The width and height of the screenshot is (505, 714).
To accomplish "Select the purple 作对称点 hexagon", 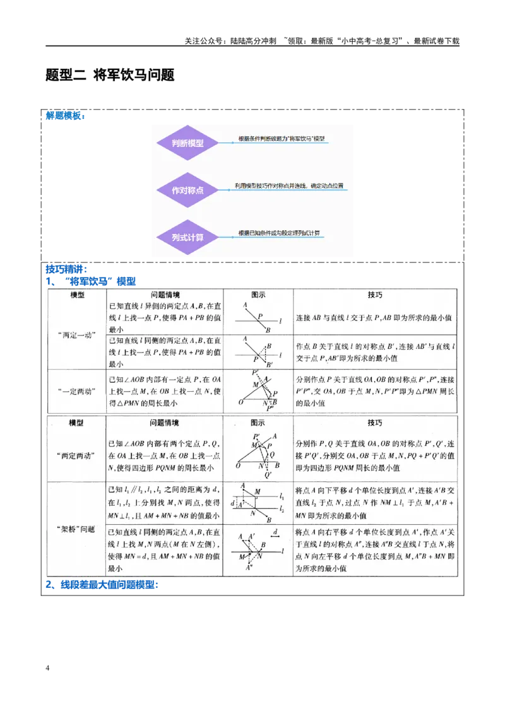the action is [x=187, y=189].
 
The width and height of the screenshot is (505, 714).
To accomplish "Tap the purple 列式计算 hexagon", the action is [x=187, y=237].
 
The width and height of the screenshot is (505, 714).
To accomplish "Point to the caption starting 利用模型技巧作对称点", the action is [x=288, y=186].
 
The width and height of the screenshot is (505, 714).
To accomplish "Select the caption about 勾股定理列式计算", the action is [x=279, y=233].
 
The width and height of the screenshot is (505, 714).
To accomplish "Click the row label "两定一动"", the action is [x=76, y=335].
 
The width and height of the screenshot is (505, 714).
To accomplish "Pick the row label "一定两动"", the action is [x=76, y=391].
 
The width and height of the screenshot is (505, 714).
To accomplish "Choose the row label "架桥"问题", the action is [x=76, y=529].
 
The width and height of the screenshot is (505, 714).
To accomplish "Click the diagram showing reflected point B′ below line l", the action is [x=259, y=352].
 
